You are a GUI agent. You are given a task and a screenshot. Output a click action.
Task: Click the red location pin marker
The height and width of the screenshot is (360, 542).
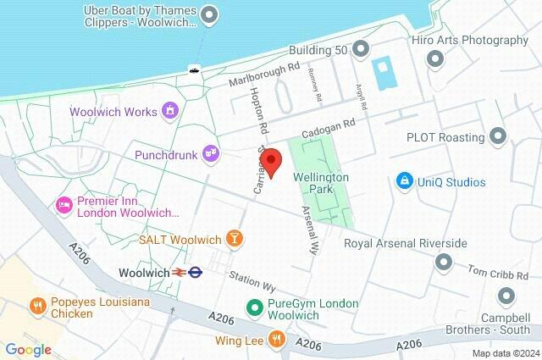pyautogui.click(x=272, y=159)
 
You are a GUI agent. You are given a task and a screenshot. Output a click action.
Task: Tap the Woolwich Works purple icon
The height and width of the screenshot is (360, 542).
pyautogui.click(x=170, y=111)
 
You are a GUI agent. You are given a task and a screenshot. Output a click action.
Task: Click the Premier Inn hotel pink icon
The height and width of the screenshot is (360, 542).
pyautogui.click(x=63, y=205)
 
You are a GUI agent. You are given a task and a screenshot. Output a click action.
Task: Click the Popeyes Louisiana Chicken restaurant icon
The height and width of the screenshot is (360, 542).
pyautogui.click(x=37, y=306)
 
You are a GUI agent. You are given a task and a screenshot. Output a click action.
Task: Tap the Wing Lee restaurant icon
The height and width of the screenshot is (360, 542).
pyautogui.click(x=275, y=341)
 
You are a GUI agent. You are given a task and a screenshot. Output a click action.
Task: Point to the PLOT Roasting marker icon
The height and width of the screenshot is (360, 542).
pyautogui.click(x=498, y=136)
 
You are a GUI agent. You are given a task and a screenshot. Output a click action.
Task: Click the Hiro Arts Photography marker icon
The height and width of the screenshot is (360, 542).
pyautogui.click(x=436, y=58)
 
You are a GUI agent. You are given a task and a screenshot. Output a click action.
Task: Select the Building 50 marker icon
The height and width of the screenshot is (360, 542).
pyautogui.click(x=362, y=49)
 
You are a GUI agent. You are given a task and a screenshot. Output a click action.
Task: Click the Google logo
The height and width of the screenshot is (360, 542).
pyautogui.click(x=28, y=349)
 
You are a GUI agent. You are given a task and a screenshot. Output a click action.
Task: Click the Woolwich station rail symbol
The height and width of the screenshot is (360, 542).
pyautogui.click(x=180, y=273)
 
